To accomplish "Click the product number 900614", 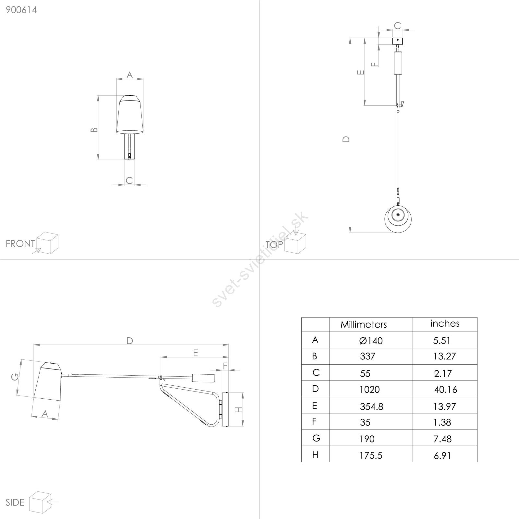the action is click(21, 10).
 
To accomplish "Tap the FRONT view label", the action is click(20, 244).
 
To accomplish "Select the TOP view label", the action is click(274, 245).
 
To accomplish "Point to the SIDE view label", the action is click(15, 502).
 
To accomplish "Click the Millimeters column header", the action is click(364, 324).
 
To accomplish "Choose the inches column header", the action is click(445, 323).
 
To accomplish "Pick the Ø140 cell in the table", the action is click(371, 341).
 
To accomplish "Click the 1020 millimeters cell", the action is click(369, 389).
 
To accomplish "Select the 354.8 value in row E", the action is click(371, 406).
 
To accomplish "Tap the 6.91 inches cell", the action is click(442, 455).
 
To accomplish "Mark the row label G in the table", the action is click(316, 438).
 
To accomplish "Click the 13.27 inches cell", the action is click(444, 356).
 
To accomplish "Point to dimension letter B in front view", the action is click(94, 130).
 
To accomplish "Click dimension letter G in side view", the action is click(15, 377).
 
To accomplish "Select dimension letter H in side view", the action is click(239, 410).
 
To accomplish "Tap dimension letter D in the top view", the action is click(346, 139).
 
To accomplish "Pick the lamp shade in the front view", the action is click(130, 114).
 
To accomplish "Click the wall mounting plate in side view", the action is click(225, 409).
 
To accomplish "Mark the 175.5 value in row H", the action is click(371, 455).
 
